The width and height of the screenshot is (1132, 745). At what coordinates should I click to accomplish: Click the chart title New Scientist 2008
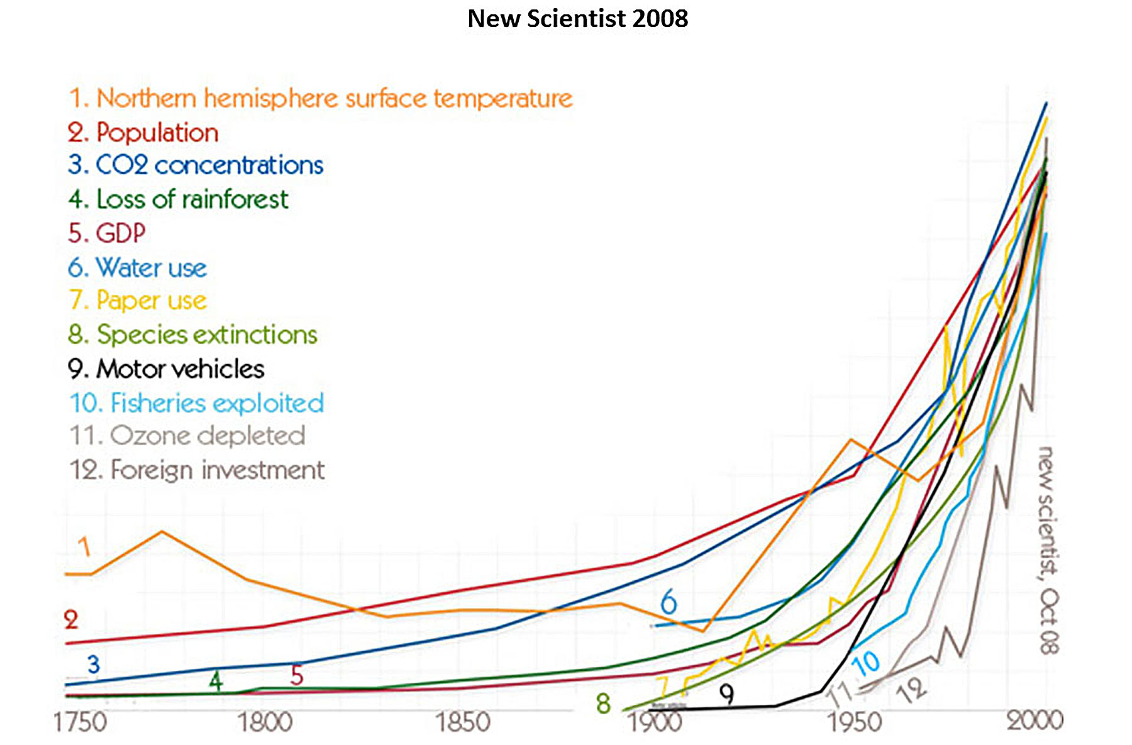(x=577, y=19)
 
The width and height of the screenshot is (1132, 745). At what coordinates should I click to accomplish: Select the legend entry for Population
(x=143, y=133)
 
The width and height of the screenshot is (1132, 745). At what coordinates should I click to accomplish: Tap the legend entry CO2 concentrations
(x=196, y=165)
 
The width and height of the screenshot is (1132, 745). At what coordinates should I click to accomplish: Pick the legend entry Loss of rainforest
(x=179, y=199)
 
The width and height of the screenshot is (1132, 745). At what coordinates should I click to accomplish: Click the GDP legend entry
(x=107, y=233)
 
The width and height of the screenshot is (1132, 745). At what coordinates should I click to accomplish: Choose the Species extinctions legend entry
(x=192, y=334)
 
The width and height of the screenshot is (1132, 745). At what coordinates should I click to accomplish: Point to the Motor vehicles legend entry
(x=167, y=369)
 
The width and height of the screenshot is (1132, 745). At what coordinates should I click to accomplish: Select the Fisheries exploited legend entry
(x=197, y=403)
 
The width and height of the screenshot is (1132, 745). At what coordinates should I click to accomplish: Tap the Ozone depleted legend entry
(x=187, y=436)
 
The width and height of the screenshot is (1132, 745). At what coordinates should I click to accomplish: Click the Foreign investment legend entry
(x=197, y=470)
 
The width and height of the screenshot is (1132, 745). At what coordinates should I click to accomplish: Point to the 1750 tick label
(x=80, y=722)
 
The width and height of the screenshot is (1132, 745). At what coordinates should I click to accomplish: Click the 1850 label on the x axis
(x=463, y=722)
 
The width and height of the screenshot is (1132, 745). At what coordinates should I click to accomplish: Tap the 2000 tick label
(x=1035, y=720)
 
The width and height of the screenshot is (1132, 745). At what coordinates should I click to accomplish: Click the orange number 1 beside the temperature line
(x=84, y=547)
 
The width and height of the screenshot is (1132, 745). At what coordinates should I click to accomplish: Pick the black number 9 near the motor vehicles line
(x=726, y=695)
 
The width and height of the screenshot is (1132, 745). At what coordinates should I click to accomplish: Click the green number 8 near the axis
(x=604, y=704)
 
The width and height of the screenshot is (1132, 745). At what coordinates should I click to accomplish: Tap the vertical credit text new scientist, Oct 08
(x=1048, y=550)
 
